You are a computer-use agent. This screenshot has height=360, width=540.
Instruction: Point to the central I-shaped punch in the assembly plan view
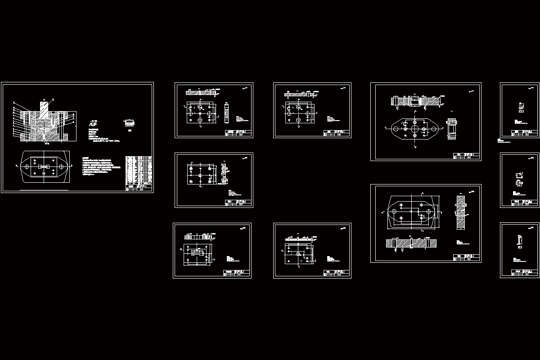click(x=44, y=167)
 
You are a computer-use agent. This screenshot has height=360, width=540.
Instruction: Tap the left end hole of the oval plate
click(x=395, y=129)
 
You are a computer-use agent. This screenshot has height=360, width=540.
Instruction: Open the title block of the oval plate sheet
click(x=467, y=156)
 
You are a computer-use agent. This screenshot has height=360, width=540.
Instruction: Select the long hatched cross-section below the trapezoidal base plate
click(x=411, y=243)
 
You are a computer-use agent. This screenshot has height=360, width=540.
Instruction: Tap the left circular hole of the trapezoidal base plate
click(x=394, y=211)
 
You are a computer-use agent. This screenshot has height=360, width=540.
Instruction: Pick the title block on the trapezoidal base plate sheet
click(x=467, y=258)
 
